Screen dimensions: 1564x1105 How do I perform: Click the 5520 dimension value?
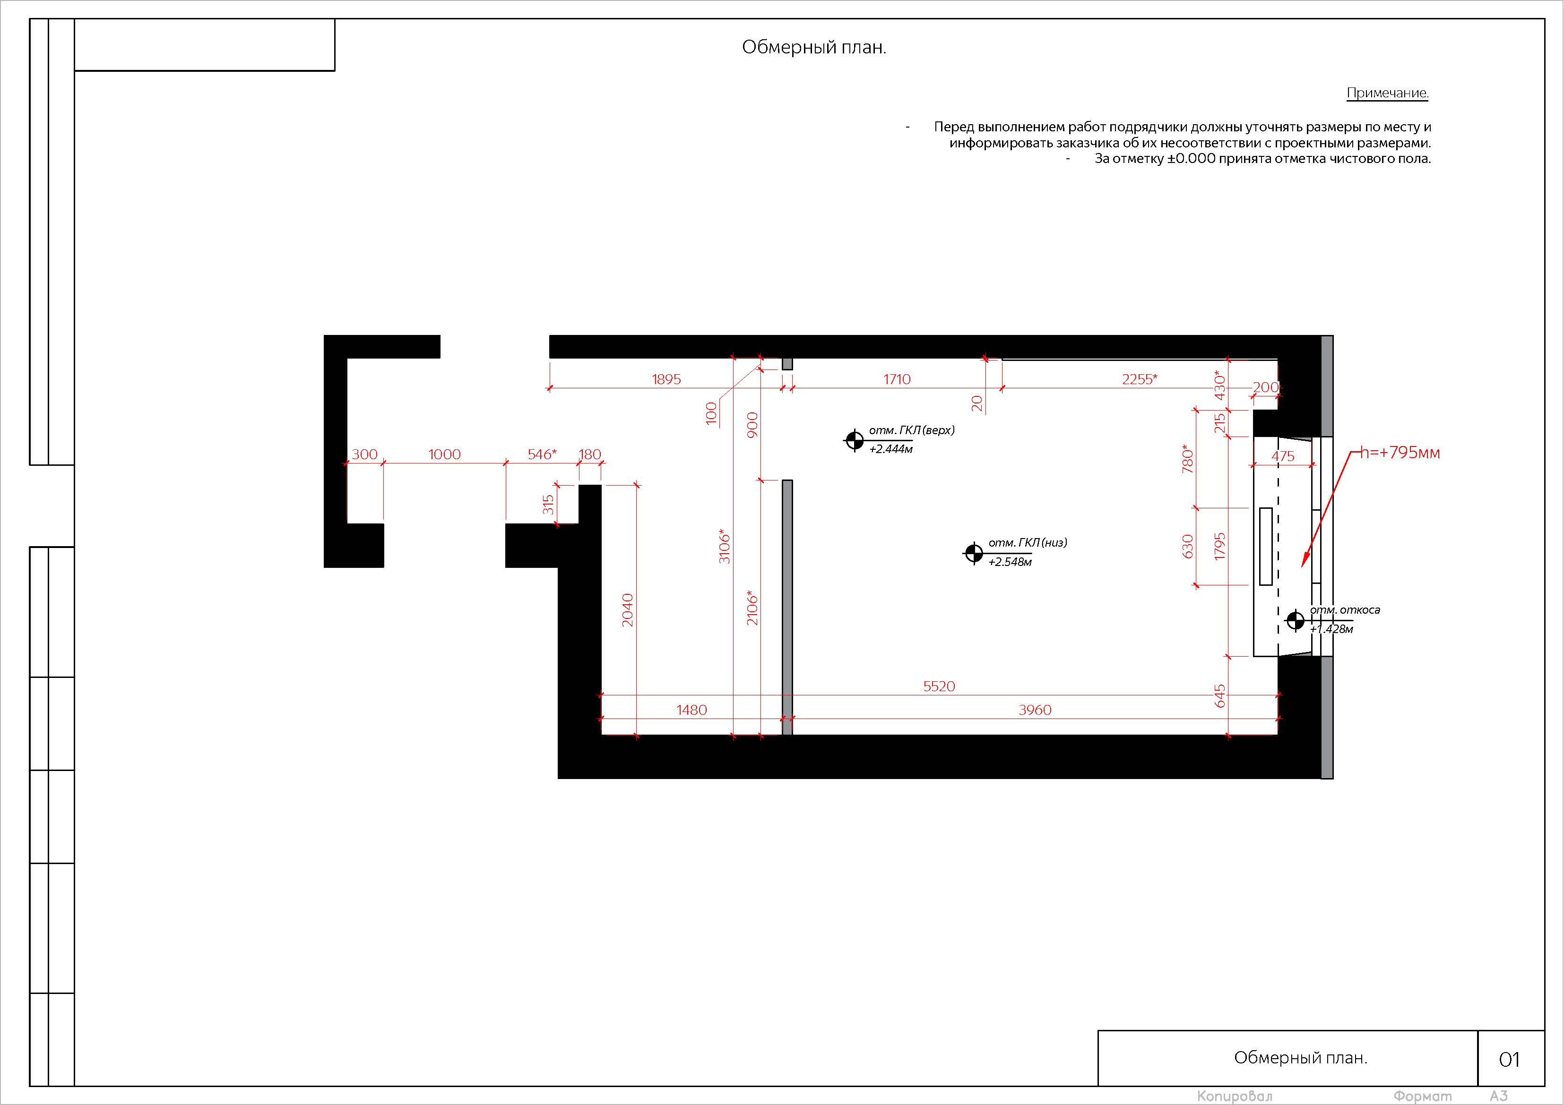coord(939,686)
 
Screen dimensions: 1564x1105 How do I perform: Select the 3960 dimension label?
coord(1035,710)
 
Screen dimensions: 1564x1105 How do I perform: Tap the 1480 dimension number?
coord(691,710)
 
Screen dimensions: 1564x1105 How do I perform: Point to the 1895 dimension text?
coord(666,379)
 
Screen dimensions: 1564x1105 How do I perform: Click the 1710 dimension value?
coord(897,379)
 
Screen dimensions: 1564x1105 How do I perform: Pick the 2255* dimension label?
coord(1140,379)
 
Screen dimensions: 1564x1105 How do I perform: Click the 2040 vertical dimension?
coord(627,610)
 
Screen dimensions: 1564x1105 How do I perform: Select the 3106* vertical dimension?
coord(724,546)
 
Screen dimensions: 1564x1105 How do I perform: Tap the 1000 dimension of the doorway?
coord(444,454)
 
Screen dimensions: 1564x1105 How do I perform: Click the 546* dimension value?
coord(542,454)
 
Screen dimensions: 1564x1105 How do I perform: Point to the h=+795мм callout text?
coord(1400,453)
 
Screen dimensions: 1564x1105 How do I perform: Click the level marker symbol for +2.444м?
coord(854,440)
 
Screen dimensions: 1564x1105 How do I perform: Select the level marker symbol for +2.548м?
coord(973,554)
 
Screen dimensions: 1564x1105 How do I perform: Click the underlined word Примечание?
coord(1388,93)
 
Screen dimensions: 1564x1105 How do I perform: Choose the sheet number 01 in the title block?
coord(1510,1059)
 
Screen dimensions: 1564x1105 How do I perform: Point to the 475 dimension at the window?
coord(1283,456)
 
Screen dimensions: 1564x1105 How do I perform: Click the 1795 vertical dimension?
coord(1219,547)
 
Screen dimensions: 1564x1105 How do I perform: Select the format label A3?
coord(1499,1096)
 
